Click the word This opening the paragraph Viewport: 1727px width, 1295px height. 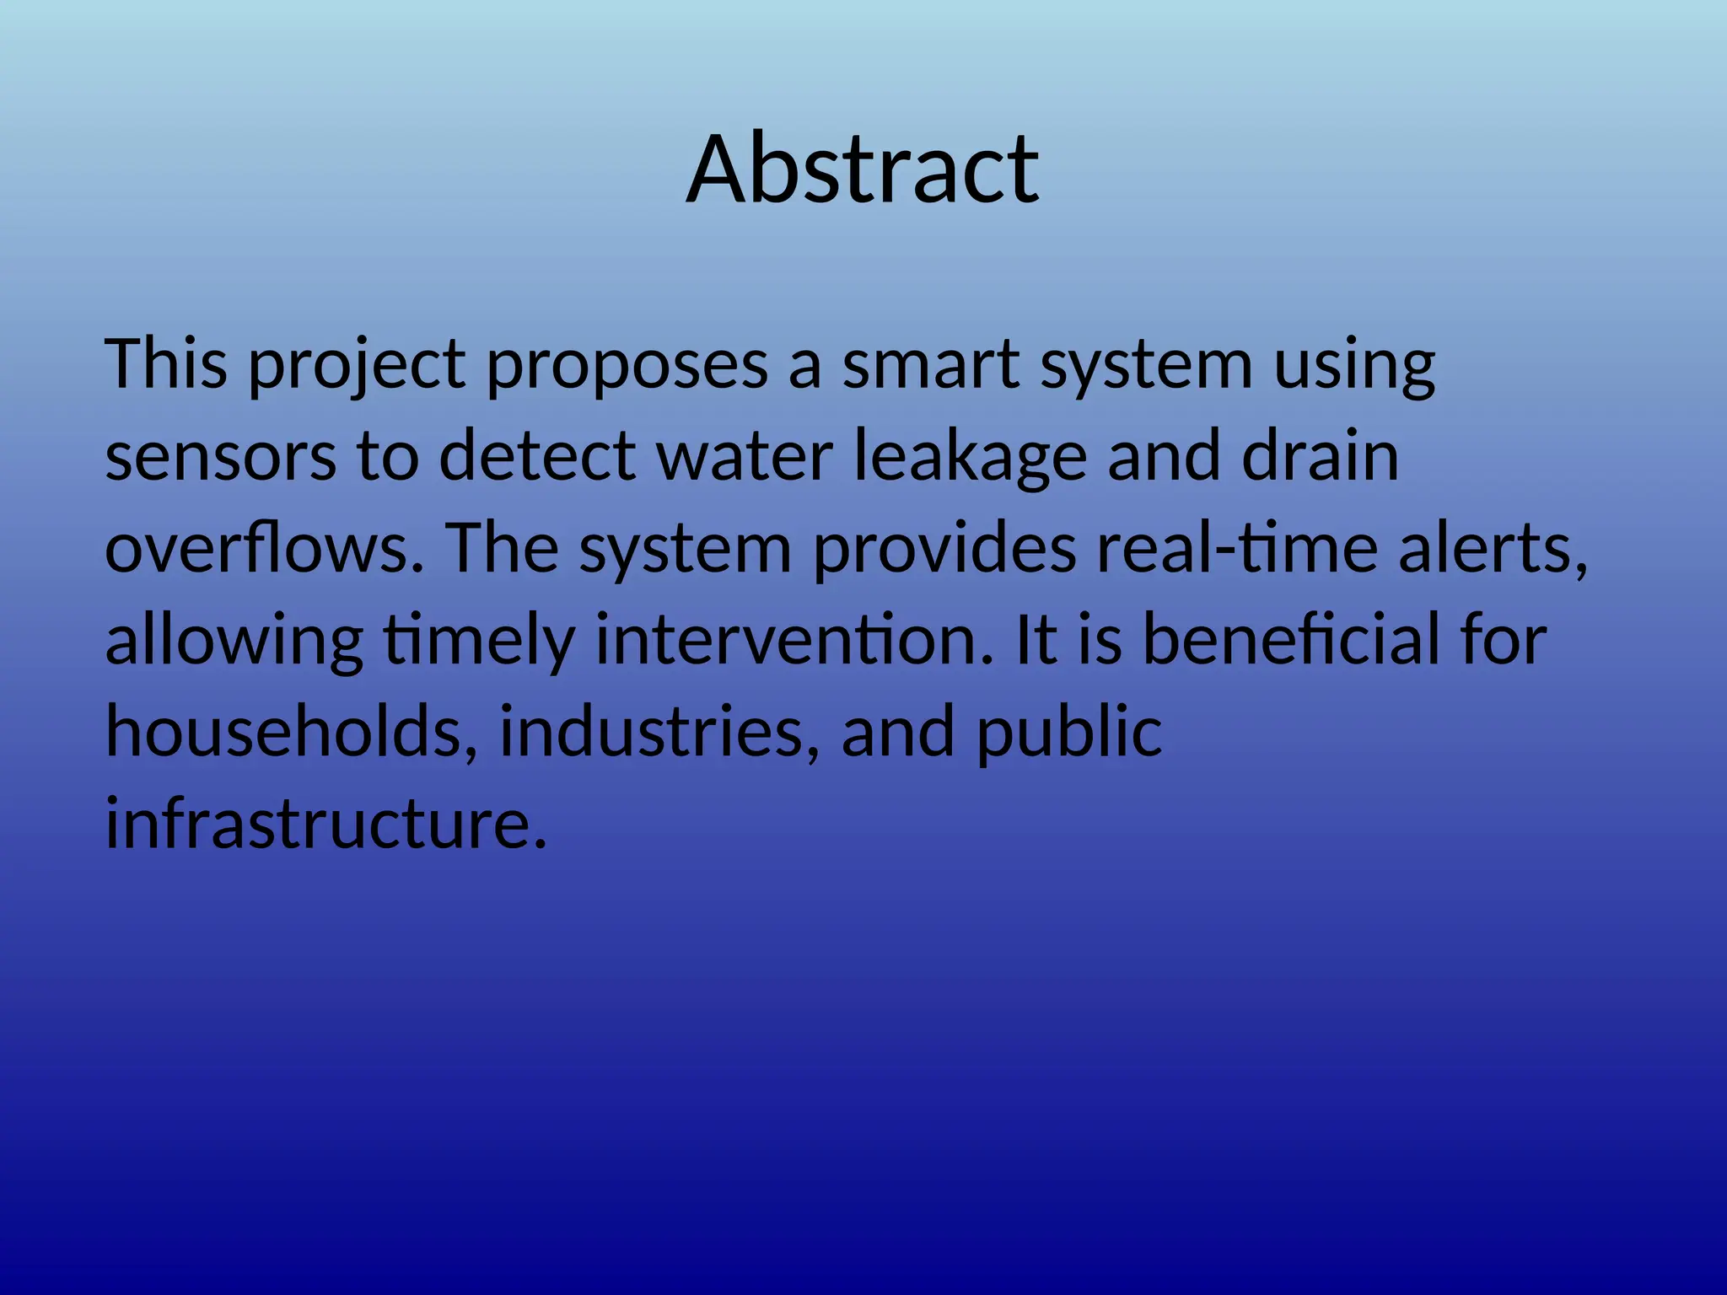(166, 364)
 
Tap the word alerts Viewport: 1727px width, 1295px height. (1493, 548)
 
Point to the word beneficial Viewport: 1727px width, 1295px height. (1291, 640)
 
